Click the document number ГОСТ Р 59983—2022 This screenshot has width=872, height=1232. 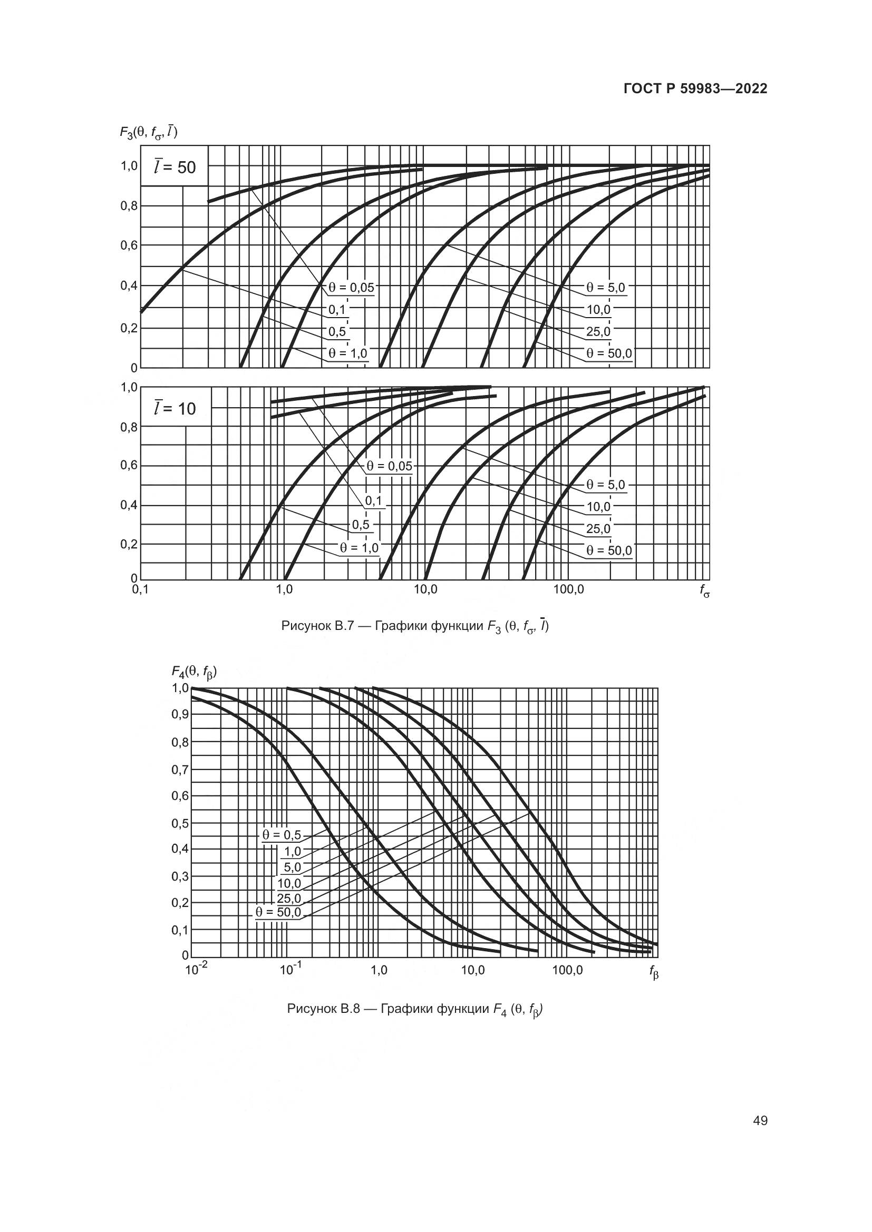[x=695, y=88]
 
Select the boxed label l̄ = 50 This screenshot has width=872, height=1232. [x=175, y=167]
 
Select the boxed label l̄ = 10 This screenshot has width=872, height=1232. [x=175, y=409]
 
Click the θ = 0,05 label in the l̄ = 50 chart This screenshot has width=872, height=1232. [x=351, y=288]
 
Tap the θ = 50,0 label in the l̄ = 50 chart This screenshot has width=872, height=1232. [x=608, y=353]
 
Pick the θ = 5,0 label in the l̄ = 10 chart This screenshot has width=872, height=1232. [x=605, y=485]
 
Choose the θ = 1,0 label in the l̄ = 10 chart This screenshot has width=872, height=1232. [x=359, y=548]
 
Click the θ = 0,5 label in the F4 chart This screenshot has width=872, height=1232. [x=282, y=835]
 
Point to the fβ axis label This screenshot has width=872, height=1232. [x=653, y=972]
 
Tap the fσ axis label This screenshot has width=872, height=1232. [x=704, y=592]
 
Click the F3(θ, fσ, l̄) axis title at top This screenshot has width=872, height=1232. [x=148, y=132]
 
